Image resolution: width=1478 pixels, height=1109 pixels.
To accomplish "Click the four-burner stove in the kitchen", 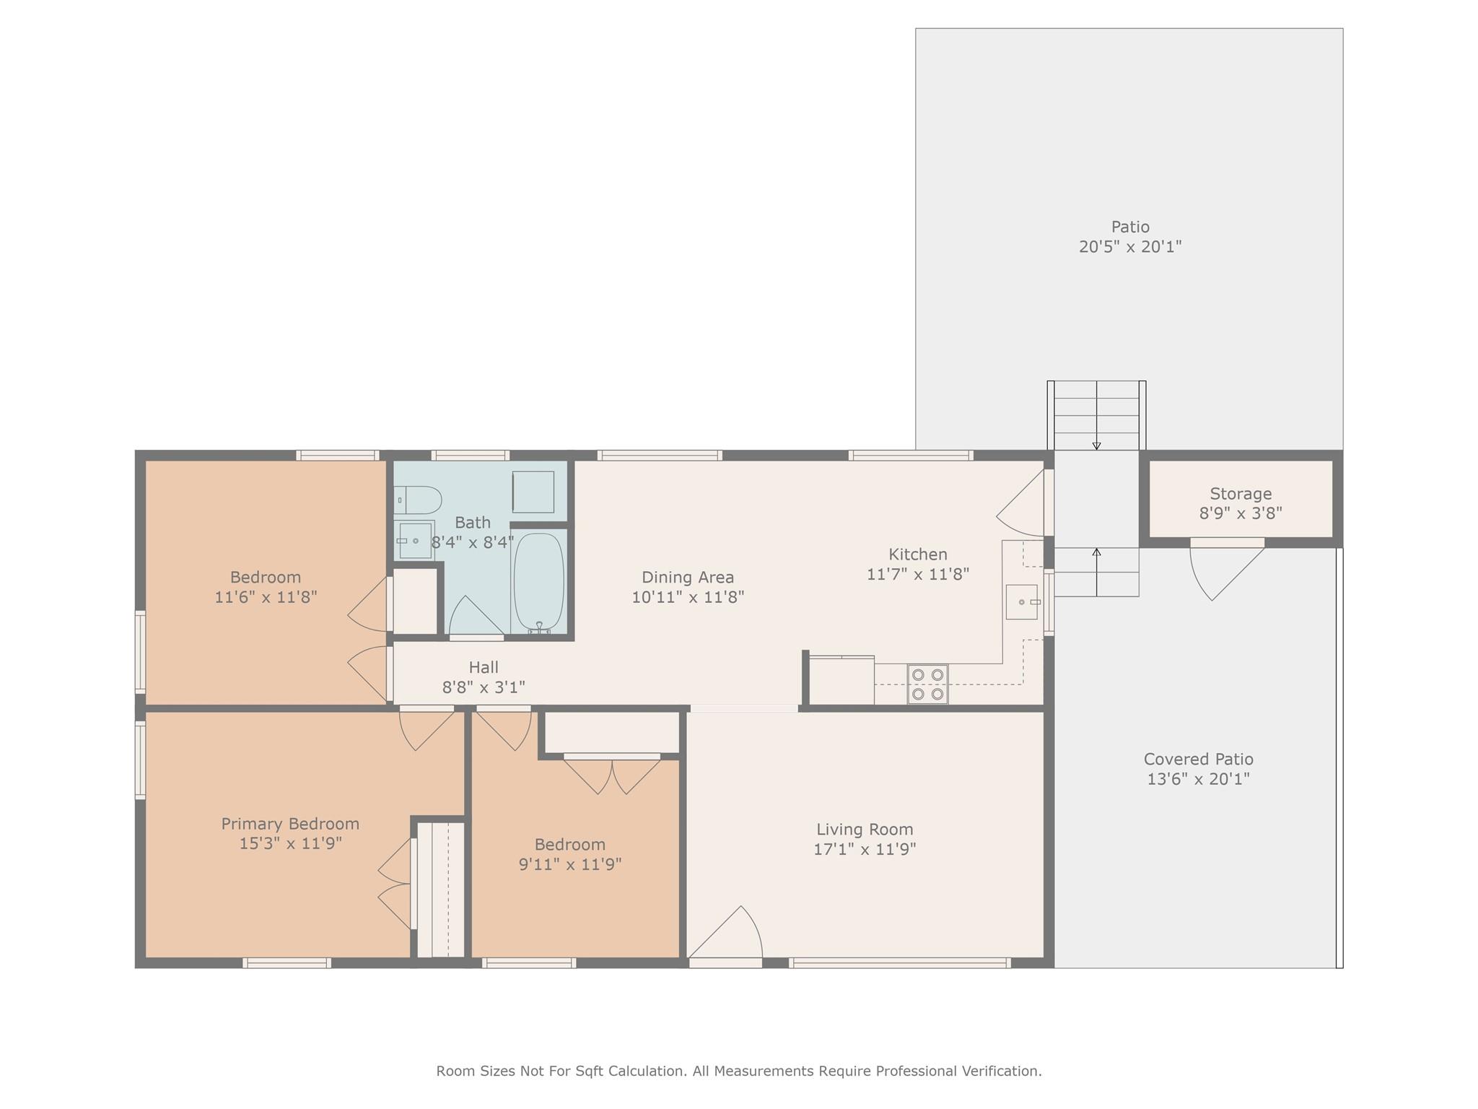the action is point(927,684).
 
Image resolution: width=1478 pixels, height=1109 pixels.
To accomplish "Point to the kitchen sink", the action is point(1023,601).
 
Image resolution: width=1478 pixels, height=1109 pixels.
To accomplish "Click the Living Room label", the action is point(865,830).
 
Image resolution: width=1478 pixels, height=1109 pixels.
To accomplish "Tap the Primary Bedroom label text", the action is point(290,824).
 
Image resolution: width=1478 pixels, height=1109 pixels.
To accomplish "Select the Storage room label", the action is point(1241,494).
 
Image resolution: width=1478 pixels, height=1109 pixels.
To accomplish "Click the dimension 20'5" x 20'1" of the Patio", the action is point(1130,247).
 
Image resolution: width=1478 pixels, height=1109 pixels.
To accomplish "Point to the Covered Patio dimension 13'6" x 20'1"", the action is point(1198,779).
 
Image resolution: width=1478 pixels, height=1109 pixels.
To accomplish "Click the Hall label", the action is point(484,667).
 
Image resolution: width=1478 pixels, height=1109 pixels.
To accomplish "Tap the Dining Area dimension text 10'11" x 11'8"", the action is point(688,597).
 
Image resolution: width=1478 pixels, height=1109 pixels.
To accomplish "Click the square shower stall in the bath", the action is point(533,492).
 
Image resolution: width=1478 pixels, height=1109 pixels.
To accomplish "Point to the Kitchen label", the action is point(917,554).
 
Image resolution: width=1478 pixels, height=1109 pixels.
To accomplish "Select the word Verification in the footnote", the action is point(1002,1071).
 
